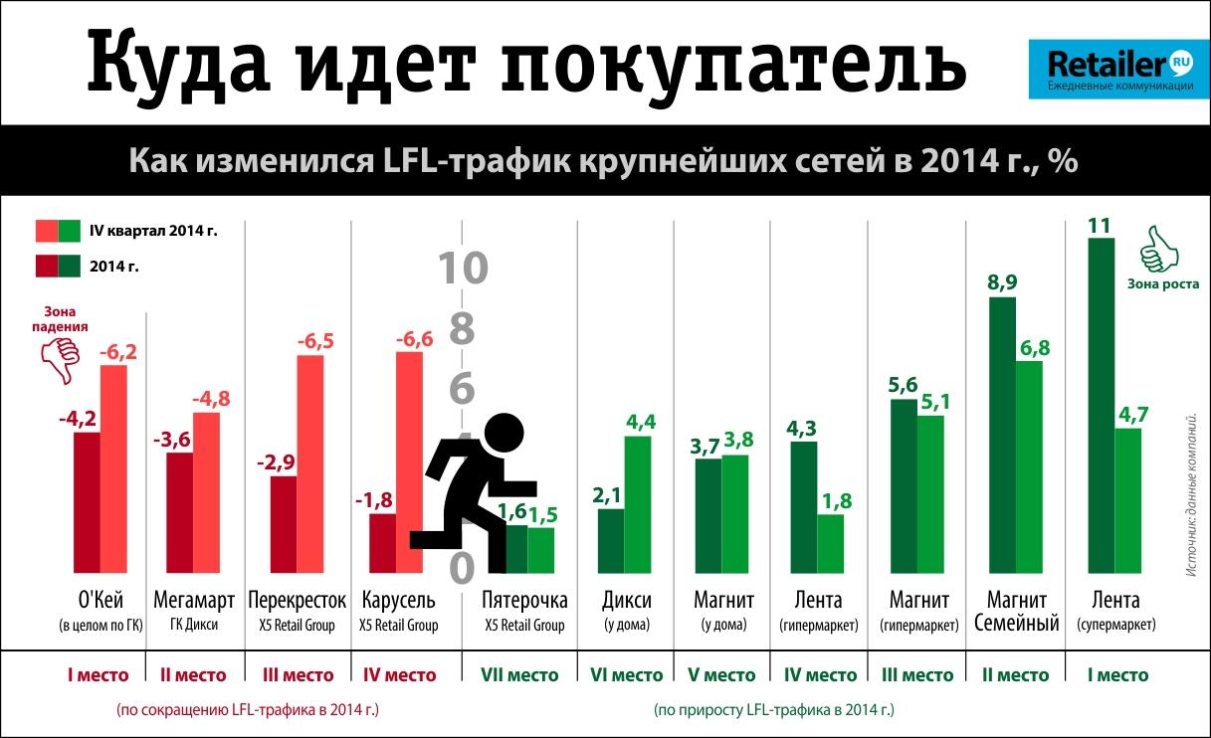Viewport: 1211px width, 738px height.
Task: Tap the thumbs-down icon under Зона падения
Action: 61,360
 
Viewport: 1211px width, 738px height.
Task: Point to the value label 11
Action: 1100,225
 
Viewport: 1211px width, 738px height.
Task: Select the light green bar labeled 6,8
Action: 1029,467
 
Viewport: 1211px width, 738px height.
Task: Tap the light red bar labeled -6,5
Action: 310,463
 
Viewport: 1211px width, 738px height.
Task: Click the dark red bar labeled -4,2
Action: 87,502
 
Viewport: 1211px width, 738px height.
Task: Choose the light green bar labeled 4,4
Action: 638,504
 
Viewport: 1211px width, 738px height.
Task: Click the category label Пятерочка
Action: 524,601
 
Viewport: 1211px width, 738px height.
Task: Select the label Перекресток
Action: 298,601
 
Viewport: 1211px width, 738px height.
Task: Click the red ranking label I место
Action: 98,675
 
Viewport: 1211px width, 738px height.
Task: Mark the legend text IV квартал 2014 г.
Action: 153,232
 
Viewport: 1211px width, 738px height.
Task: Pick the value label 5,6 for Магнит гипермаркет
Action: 904,385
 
